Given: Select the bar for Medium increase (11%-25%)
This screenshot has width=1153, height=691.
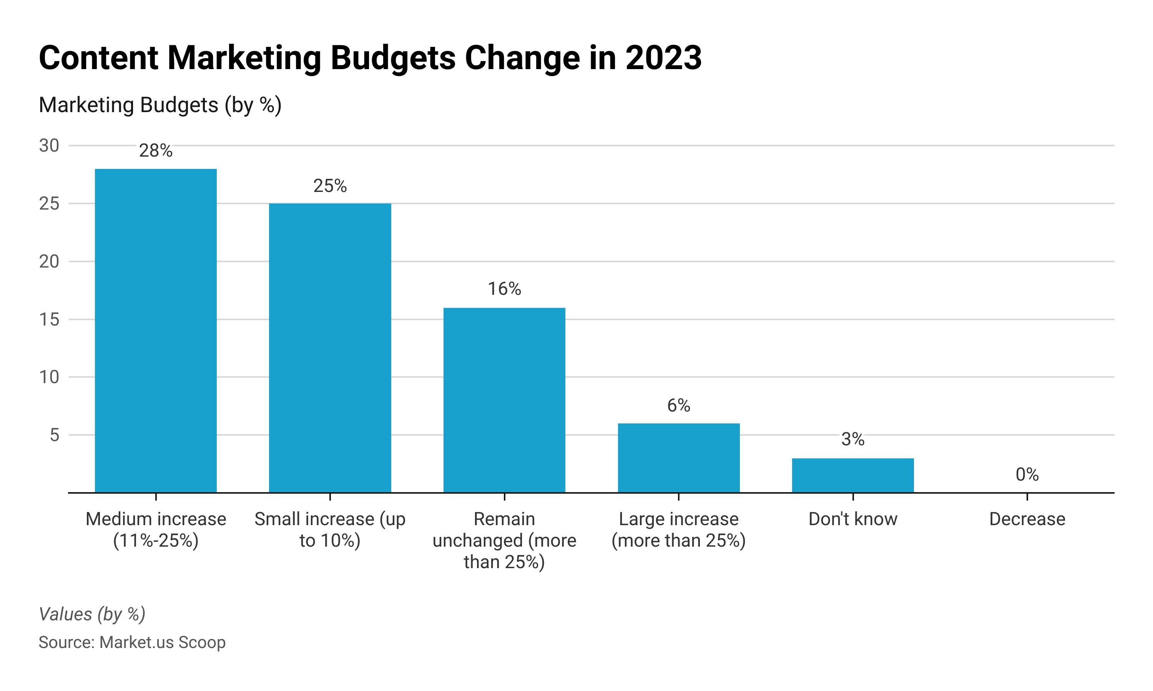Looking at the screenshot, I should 156,331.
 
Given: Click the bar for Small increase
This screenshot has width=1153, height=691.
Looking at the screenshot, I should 330,348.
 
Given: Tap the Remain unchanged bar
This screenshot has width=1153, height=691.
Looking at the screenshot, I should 504,400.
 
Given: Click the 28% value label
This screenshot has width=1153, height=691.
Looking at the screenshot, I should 156,151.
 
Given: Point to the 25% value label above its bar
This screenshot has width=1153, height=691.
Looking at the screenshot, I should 330,186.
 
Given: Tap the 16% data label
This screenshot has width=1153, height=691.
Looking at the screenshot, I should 504,289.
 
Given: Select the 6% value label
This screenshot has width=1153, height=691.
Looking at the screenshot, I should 679,405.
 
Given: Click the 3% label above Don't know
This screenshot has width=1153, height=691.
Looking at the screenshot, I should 853,440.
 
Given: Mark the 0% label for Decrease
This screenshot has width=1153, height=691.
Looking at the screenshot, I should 1027,475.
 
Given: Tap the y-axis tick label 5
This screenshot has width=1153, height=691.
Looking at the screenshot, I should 55,435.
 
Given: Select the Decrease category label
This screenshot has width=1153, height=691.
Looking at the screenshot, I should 1027,519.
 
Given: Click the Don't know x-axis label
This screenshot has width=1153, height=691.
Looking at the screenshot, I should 853,519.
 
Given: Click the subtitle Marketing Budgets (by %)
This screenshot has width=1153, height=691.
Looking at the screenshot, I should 160,105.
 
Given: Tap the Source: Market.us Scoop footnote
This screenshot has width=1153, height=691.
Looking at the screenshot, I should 132,643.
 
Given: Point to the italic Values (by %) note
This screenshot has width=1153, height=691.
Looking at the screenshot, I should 92,614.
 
